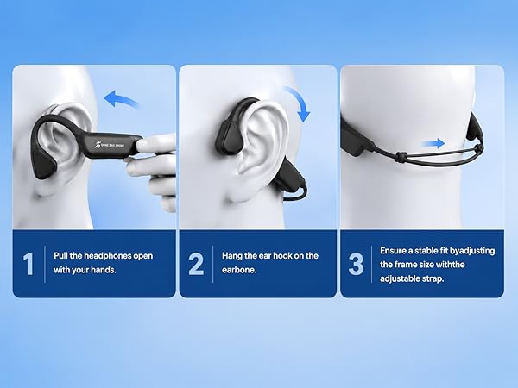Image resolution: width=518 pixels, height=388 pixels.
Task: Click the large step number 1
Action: click(28, 264)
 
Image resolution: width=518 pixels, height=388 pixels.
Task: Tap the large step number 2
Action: click(196, 264)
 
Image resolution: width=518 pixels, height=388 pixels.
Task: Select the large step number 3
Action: click(356, 264)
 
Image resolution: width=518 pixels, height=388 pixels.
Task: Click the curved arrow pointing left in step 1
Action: click(120, 98)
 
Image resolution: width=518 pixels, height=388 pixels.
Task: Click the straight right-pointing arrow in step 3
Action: click(433, 143)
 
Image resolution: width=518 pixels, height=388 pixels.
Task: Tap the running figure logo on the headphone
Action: click(98, 143)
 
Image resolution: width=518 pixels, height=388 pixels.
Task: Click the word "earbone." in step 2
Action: click(239, 270)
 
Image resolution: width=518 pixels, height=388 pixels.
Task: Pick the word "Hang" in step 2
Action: click(231, 256)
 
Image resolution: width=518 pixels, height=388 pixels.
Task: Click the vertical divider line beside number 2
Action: click(212, 264)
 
